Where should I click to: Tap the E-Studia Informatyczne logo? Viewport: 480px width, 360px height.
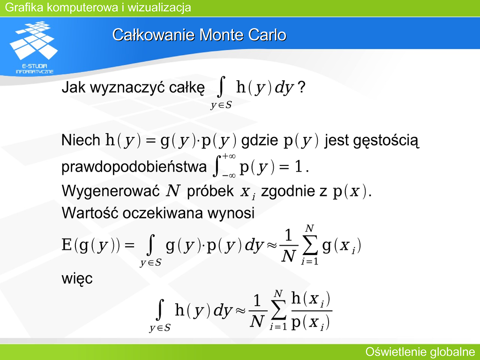[34, 47]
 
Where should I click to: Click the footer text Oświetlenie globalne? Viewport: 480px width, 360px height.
[420, 352]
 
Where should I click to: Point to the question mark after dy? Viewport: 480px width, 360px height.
[301, 88]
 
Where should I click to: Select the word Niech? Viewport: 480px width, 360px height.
[81, 140]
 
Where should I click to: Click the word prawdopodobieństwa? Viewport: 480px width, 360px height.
[134, 167]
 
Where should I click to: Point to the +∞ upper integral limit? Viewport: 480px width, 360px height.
[229, 156]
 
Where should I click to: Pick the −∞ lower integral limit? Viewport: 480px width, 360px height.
[229, 176]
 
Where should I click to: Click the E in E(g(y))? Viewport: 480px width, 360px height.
[67, 245]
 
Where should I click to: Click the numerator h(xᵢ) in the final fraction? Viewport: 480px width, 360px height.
[311, 299]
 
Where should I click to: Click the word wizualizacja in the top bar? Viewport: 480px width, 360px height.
[159, 7]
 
